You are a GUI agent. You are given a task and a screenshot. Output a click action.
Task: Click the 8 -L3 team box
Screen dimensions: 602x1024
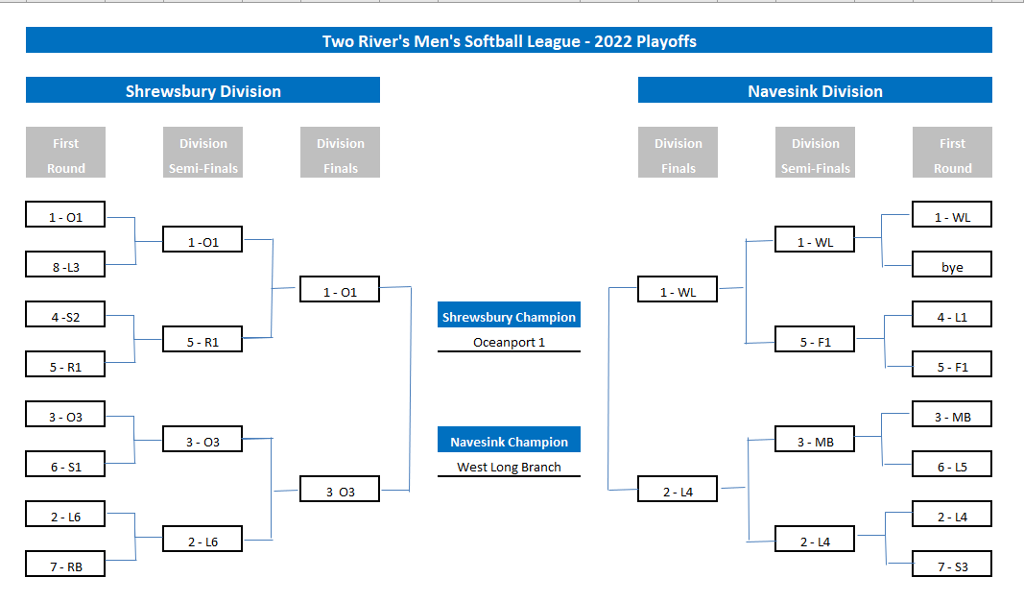click(65, 266)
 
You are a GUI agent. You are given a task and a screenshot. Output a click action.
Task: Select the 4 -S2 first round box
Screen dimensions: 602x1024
click(65, 316)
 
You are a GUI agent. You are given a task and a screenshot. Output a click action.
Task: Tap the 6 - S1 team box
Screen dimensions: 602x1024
click(65, 466)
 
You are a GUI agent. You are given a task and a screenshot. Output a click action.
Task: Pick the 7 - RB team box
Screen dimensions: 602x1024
click(65, 566)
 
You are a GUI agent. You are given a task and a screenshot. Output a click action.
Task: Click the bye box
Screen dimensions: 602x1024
click(951, 266)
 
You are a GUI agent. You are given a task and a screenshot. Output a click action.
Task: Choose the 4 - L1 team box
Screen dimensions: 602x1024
click(951, 316)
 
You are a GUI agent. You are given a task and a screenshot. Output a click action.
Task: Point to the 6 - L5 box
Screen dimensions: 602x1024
click(951, 466)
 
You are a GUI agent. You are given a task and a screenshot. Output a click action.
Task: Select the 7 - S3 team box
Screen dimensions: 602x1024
click(951, 566)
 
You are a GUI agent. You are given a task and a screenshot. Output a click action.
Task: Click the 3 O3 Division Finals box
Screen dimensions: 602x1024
click(340, 491)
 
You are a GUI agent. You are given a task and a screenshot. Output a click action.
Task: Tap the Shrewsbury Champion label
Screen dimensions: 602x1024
click(509, 317)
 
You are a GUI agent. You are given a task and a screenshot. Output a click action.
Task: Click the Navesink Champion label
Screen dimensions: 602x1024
click(509, 442)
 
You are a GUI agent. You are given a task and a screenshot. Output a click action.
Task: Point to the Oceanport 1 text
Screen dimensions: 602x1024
click(509, 342)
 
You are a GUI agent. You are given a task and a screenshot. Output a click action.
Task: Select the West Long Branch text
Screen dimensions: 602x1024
click(509, 468)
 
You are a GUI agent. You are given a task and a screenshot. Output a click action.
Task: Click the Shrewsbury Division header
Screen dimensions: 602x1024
click(202, 91)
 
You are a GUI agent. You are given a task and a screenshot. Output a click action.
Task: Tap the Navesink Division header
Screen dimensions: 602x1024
click(815, 91)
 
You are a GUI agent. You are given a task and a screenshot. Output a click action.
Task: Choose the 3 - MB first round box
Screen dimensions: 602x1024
click(951, 416)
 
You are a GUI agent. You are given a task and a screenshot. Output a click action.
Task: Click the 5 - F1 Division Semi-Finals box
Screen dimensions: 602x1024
click(815, 341)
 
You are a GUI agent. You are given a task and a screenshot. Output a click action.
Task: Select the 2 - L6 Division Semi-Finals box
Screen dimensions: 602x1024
click(202, 541)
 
